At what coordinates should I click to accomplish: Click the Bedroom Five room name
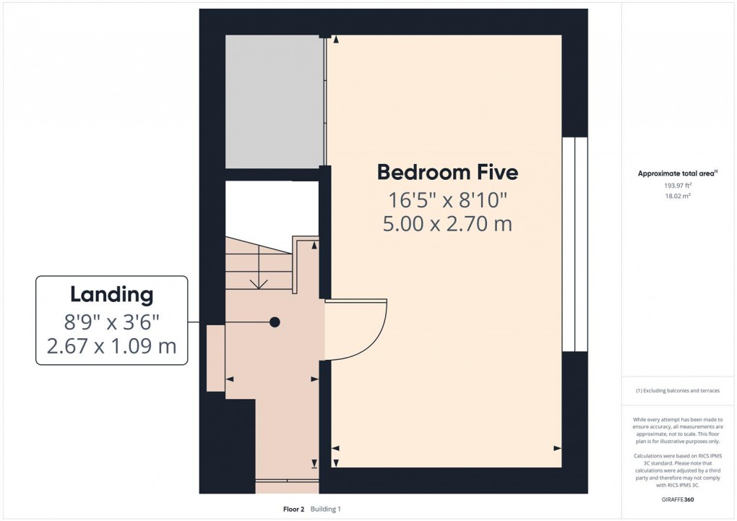click(x=447, y=173)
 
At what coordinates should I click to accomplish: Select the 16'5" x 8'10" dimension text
click(x=447, y=199)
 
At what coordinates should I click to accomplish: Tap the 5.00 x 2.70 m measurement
click(x=447, y=224)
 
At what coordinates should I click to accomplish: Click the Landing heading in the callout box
click(x=111, y=295)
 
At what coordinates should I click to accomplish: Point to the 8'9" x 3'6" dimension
click(x=111, y=321)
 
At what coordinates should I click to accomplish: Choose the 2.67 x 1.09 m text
click(x=111, y=346)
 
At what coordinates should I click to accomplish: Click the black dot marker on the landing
click(x=275, y=322)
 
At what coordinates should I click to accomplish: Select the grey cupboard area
click(x=274, y=101)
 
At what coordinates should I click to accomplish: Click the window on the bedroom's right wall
click(x=574, y=244)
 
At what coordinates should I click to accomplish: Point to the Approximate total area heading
click(x=677, y=173)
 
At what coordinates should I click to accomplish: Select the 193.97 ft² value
click(x=678, y=185)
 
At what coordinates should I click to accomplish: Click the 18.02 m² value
click(x=678, y=195)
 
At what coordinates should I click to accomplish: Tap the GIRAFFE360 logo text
click(x=678, y=500)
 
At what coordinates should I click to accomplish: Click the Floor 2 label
click(x=294, y=509)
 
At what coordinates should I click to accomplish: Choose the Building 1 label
click(x=325, y=509)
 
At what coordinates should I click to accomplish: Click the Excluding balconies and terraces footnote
click(x=678, y=391)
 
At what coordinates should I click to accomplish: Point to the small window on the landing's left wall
click(x=215, y=358)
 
